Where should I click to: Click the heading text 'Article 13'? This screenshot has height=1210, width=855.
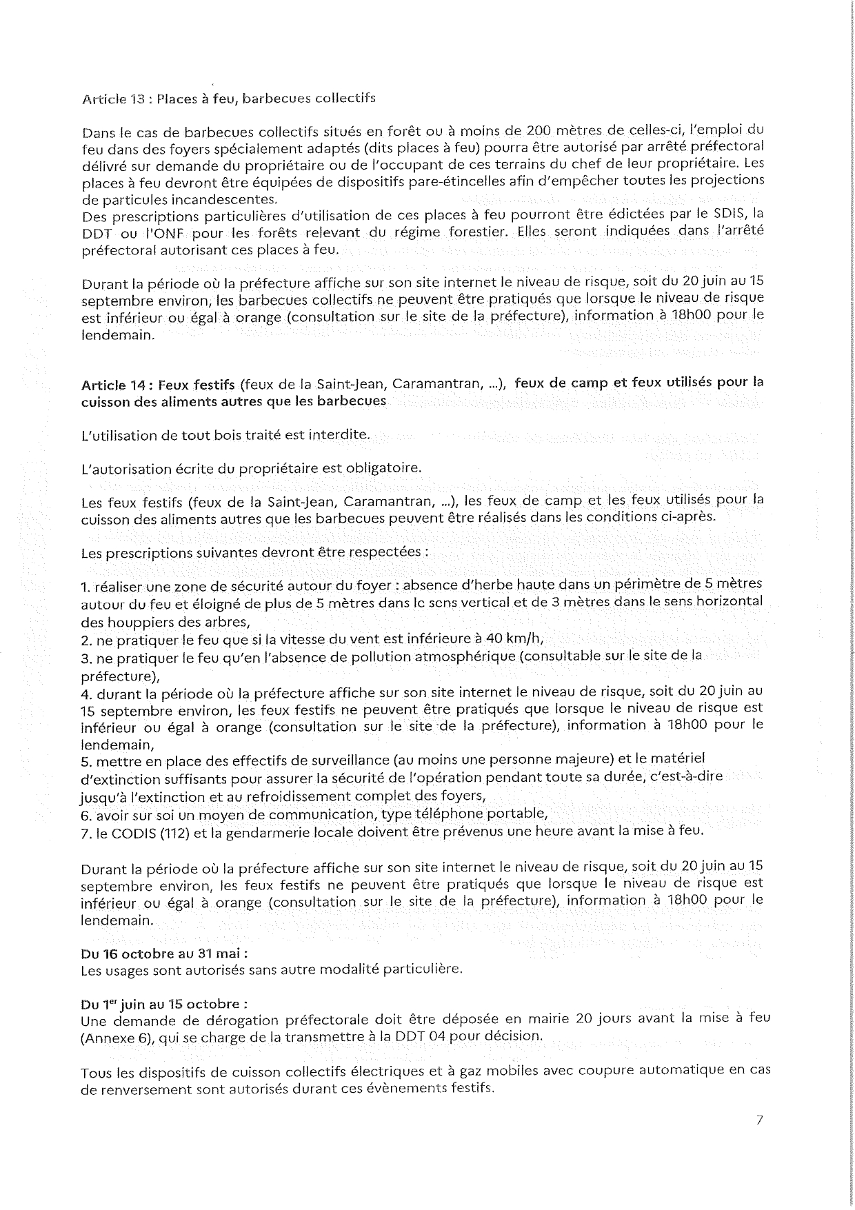click(x=113, y=98)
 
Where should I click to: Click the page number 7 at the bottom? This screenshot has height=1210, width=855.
click(x=758, y=1120)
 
